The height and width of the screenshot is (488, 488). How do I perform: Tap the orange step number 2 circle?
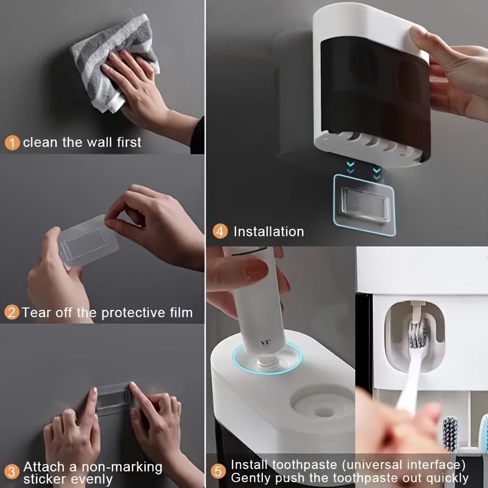click(x=12, y=313)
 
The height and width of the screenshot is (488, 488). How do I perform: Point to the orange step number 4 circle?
click(x=220, y=232)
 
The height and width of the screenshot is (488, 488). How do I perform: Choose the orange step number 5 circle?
click(x=219, y=472)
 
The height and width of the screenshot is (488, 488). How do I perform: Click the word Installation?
click(x=268, y=232)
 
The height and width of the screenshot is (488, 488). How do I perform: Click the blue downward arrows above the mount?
click(x=364, y=167)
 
